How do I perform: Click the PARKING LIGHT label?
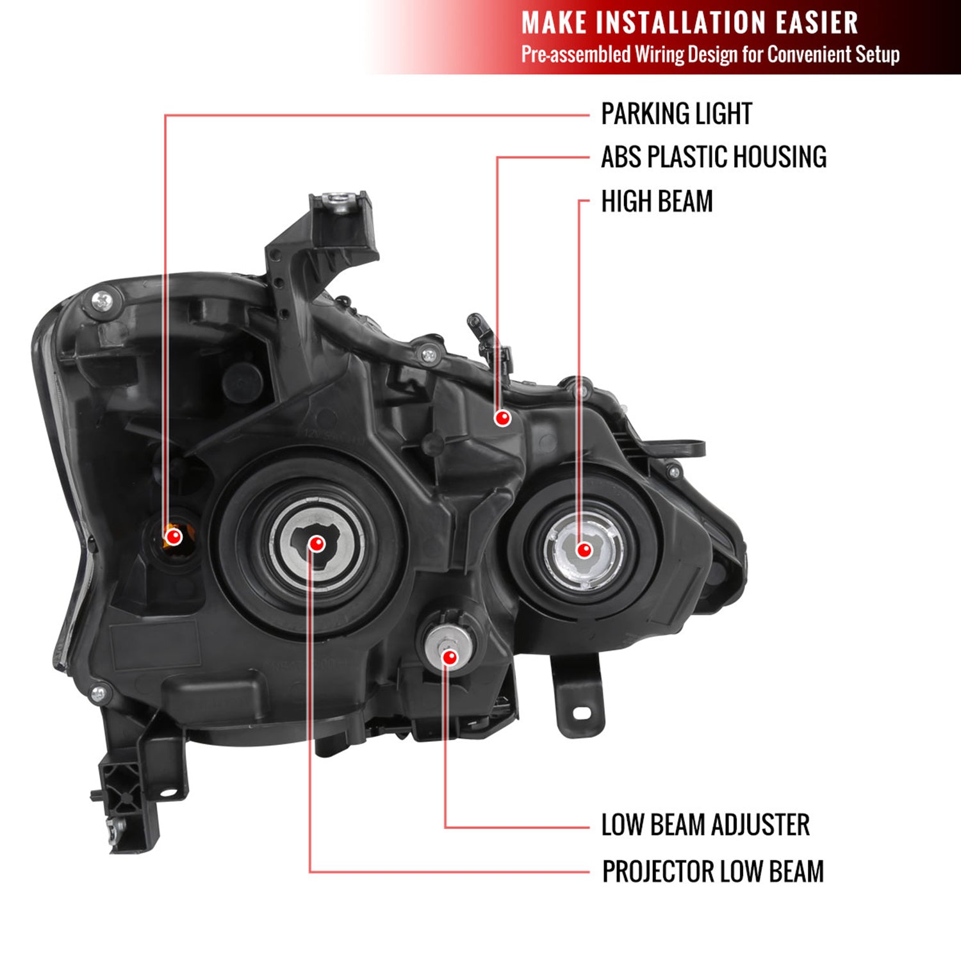(676, 114)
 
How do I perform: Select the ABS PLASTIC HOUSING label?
(713, 157)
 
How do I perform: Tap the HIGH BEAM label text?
(657, 201)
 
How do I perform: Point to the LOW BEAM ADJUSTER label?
(705, 825)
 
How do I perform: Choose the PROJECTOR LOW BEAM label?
(712, 871)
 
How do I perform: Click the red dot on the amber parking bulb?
(173, 536)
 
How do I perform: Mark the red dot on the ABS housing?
(503, 418)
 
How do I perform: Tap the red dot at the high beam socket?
(584, 550)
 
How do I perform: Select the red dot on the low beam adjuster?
(450, 657)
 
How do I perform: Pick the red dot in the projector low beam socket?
(316, 544)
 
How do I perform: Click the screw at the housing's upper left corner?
(101, 300)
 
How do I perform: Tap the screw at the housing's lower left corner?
(99, 693)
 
